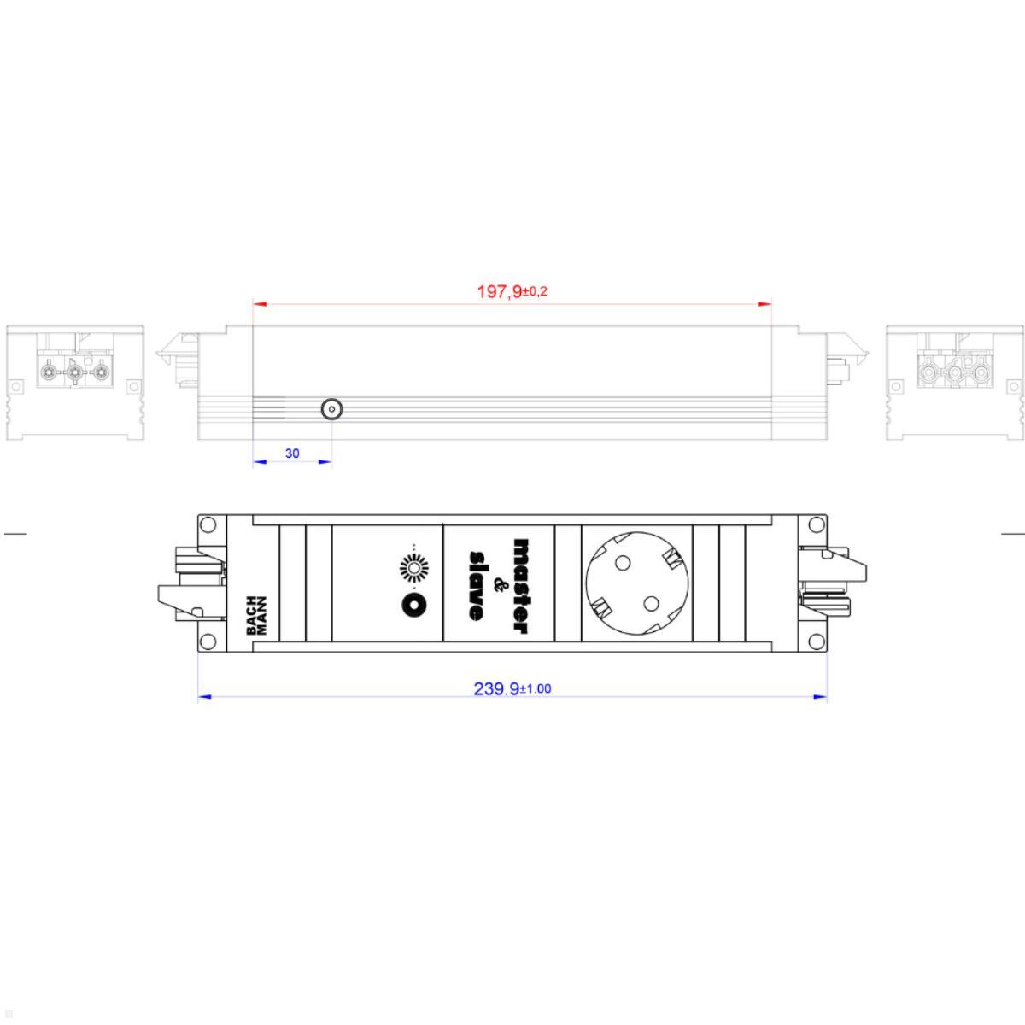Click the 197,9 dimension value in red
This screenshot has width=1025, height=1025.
[499, 292]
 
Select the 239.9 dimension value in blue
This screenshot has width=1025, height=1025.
[496, 689]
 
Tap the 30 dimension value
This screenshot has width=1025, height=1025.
[292, 454]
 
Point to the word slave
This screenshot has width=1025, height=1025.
[476, 586]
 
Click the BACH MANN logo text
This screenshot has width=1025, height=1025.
[256, 616]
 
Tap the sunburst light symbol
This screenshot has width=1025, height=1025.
[413, 568]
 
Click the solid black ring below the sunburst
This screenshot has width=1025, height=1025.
[414, 606]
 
